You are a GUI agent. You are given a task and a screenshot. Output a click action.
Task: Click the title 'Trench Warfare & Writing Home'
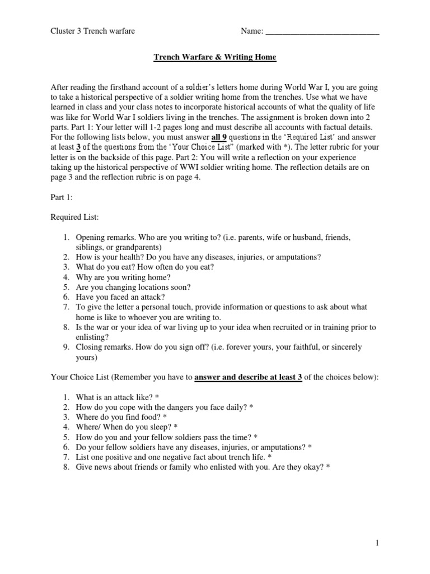click(x=215, y=57)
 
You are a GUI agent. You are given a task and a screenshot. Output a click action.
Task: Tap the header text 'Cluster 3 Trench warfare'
click(x=93, y=31)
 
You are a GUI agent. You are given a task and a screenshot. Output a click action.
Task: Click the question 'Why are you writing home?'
click(x=120, y=277)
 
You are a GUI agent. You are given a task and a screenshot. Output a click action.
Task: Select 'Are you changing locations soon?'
click(x=133, y=287)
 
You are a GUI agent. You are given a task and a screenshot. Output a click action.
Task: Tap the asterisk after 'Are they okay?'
click(x=329, y=467)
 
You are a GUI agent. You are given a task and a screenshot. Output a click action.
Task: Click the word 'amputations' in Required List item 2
click(x=297, y=257)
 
